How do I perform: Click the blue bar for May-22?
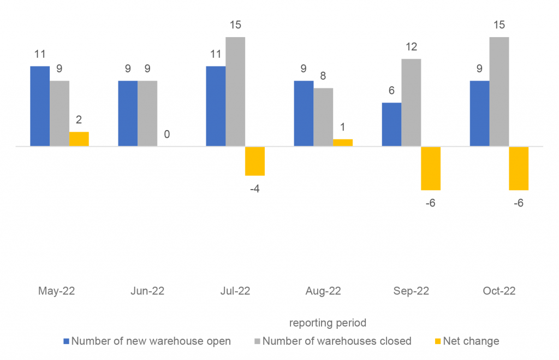(40, 106)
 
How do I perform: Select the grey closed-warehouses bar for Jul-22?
(235, 92)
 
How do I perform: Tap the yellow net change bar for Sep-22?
(431, 168)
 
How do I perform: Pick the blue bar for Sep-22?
(391, 125)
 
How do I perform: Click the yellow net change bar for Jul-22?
(255, 161)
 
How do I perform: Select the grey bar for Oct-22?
(499, 92)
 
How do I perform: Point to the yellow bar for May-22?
(79, 139)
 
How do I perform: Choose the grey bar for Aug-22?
(323, 117)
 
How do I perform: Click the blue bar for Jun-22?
(128, 114)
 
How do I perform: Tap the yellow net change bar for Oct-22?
(519, 168)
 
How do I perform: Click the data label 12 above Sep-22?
(411, 47)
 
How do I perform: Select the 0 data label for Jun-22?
(167, 134)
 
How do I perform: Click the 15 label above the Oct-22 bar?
(499, 25)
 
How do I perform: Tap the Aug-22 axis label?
(323, 291)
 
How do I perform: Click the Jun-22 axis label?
(147, 291)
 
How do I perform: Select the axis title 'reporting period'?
(327, 323)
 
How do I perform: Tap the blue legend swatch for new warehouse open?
(67, 341)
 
